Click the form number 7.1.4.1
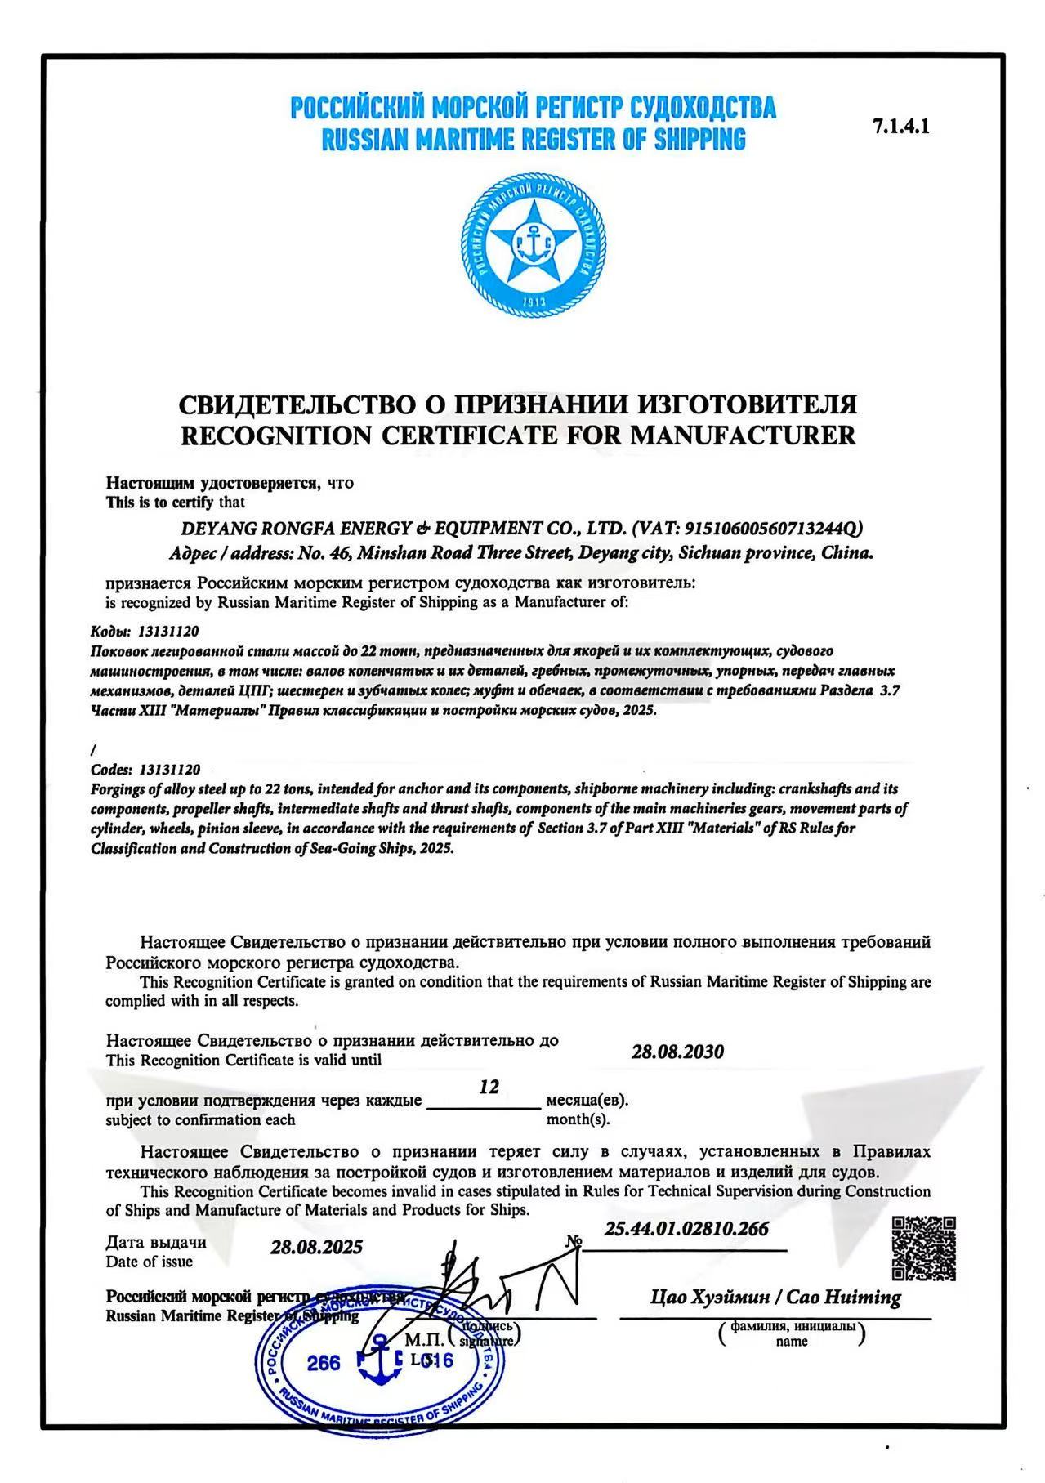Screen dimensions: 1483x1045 point(901,127)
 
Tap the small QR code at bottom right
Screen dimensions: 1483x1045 point(922,1248)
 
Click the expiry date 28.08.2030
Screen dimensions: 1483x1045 point(677,1052)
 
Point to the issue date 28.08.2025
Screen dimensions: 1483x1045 point(316,1247)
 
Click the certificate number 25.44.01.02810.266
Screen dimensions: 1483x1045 point(686,1229)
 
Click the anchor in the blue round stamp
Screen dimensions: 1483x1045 point(378,1360)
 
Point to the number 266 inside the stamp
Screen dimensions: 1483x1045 point(324,1363)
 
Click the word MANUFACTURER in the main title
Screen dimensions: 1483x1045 point(743,436)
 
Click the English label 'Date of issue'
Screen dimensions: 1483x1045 point(150,1262)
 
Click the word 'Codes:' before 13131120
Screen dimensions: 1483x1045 point(111,770)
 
